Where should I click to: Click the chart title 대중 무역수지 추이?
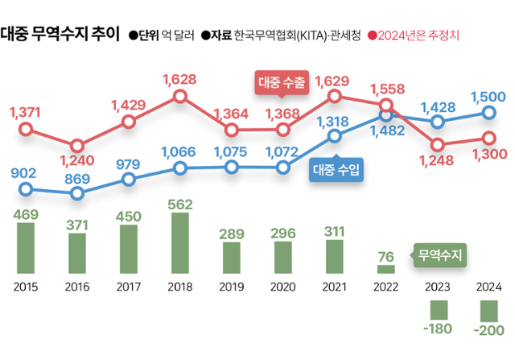61,35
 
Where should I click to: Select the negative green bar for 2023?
438,309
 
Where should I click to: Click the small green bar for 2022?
385,269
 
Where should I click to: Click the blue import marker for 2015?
26,190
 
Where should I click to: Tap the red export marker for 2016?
77,146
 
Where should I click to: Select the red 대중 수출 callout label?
282,83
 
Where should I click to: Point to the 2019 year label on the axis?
232,286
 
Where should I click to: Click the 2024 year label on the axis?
488,286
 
